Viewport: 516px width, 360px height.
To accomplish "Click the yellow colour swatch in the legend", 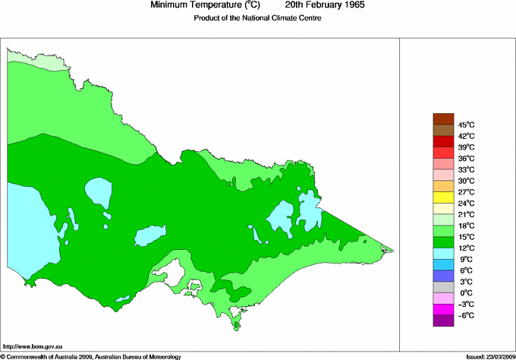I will (442, 197).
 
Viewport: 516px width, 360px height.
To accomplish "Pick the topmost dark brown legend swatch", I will (442, 118).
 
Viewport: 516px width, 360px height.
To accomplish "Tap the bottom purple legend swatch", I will (442, 321).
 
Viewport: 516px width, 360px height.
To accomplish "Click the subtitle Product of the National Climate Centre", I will (258, 18).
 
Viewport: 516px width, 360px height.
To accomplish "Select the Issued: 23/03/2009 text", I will (489, 356).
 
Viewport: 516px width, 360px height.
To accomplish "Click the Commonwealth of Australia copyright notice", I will (91, 356).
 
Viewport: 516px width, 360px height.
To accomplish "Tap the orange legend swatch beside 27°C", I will (442, 186).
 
